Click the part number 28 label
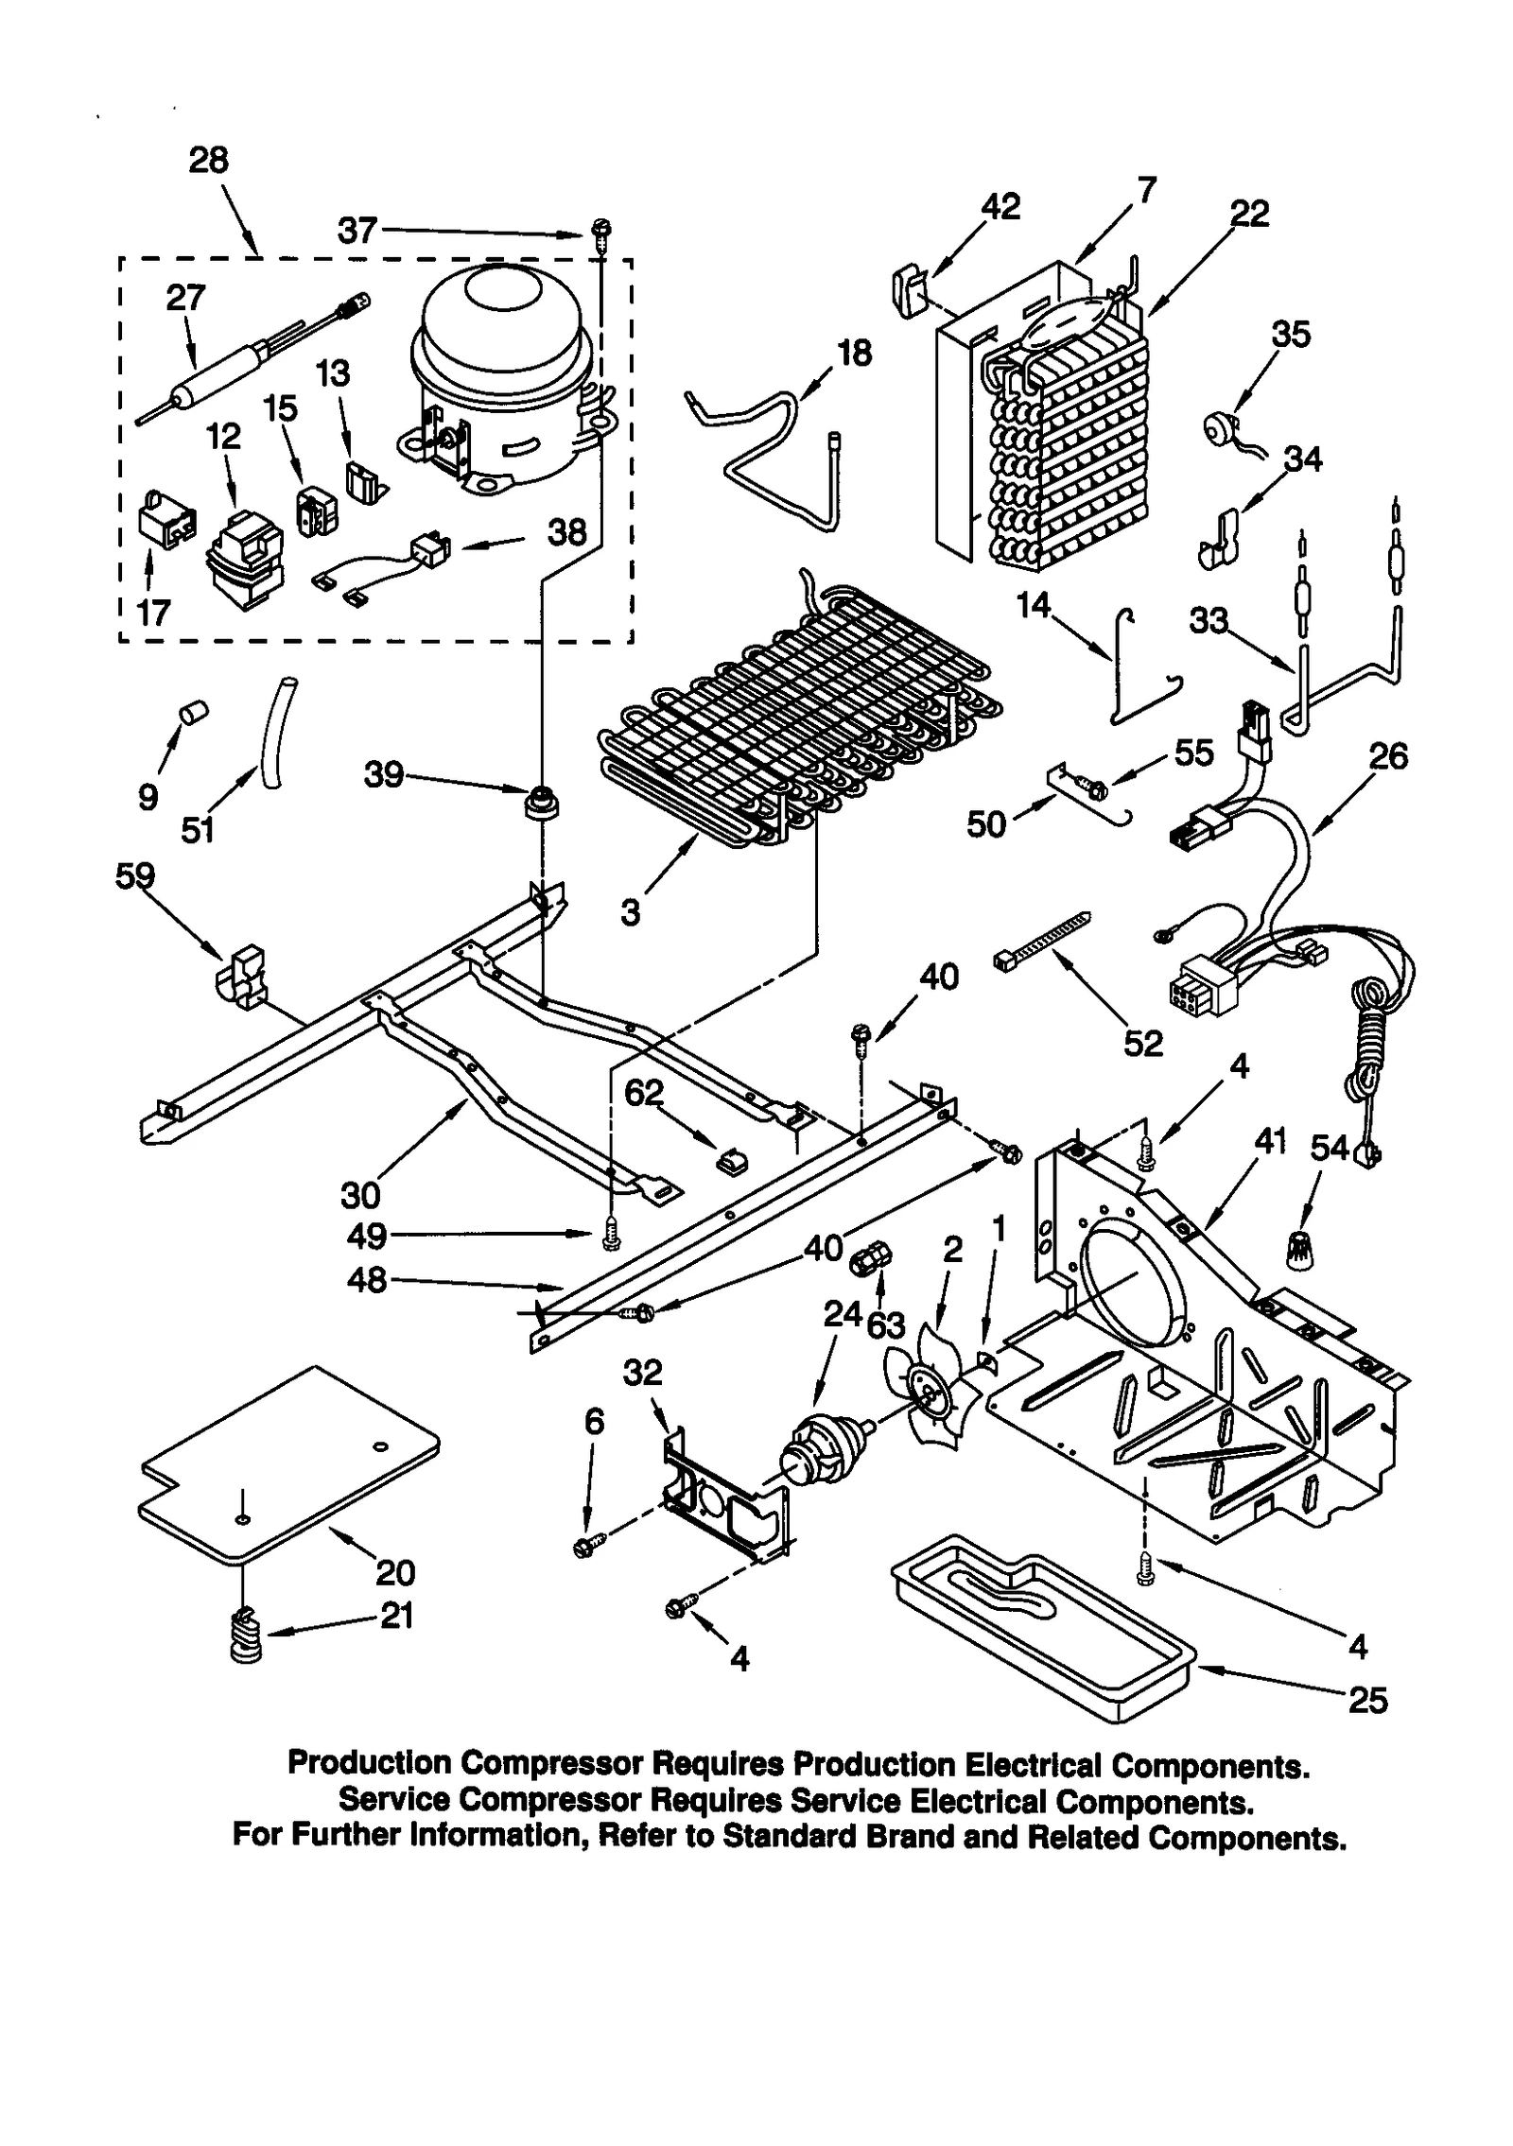point(208,160)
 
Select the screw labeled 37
point(600,230)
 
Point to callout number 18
point(854,354)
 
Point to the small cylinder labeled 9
point(195,713)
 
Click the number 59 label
point(134,876)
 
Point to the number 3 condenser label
point(630,913)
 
